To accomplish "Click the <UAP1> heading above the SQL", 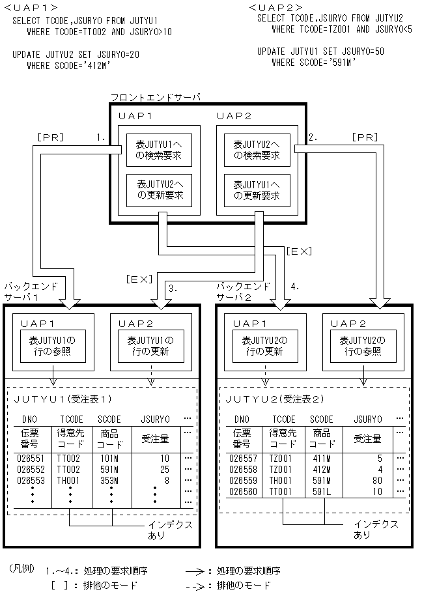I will (x=27, y=8).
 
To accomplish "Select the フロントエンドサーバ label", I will (x=155, y=97).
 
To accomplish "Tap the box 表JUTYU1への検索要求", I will (x=154, y=150).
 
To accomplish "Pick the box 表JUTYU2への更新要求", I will (x=154, y=190).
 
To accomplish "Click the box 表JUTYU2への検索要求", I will (x=252, y=150).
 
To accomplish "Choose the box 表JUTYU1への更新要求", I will (x=252, y=190).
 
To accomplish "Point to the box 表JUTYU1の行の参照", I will (x=53, y=346).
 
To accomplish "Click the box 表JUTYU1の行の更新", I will (x=151, y=346).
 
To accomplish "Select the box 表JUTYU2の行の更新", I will (x=264, y=346).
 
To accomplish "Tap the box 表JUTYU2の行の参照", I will (x=362, y=346).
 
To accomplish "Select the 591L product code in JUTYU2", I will (x=322, y=491).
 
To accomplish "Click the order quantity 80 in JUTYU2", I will (x=377, y=480).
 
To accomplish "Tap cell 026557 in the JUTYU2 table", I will (x=241, y=458).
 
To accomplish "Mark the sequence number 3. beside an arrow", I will (x=172, y=287).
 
